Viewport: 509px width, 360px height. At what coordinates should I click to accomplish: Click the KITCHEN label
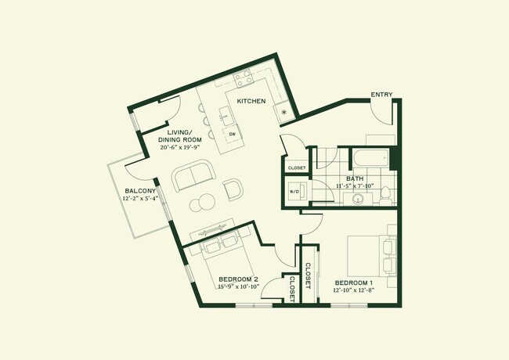[251, 102]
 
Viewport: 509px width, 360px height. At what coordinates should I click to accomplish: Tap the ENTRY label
[381, 94]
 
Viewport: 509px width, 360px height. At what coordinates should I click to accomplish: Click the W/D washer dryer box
[295, 191]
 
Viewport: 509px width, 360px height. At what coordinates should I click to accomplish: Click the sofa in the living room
[192, 178]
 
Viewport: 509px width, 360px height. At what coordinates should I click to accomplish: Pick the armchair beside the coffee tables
[233, 189]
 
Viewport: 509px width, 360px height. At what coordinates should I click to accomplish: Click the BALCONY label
[140, 191]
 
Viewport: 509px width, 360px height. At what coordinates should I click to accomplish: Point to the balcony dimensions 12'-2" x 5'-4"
[140, 200]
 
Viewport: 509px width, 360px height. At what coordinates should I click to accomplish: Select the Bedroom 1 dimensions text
[353, 291]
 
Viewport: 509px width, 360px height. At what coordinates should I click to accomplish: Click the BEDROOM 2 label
[238, 279]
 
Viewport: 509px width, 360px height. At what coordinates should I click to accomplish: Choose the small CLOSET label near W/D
[297, 167]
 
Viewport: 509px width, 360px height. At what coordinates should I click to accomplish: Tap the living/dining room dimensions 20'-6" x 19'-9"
[181, 146]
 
